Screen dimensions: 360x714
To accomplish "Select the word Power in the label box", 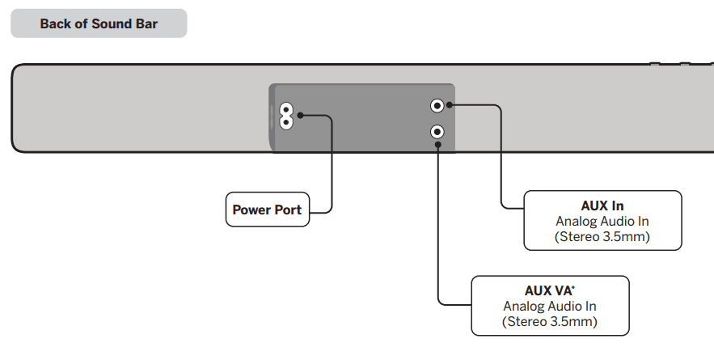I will click(251, 210).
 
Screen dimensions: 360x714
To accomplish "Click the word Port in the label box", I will click(287, 210).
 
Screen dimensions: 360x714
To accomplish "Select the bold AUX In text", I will click(602, 205).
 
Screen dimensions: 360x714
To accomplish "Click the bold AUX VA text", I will click(547, 290).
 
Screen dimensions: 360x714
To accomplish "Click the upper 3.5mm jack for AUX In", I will click(437, 105).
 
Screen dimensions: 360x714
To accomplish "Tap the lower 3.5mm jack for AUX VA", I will click(437, 130).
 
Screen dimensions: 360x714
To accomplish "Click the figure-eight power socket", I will click(285, 116).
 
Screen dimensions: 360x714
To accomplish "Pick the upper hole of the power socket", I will click(285, 109).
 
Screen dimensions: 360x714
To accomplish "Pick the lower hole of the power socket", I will click(285, 122).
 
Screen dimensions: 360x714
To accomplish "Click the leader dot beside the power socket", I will click(301, 116).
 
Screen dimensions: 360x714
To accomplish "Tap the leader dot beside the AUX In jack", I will click(450, 105).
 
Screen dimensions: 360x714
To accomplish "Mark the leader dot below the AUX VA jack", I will click(437, 145).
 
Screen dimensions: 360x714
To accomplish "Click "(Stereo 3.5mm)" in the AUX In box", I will click(602, 237).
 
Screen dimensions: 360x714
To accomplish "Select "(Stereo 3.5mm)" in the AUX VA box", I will click(550, 322).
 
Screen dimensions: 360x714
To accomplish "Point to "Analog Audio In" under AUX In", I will click(602, 221).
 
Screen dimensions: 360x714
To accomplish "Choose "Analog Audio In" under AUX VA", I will click(550, 306).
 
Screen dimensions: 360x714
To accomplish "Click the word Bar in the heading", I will click(146, 23).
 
